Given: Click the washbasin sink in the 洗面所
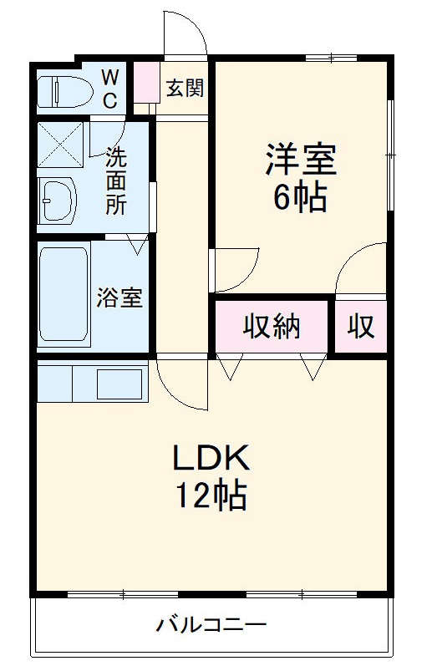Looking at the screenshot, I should pos(58,201).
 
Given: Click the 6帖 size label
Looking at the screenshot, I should pos(299,197).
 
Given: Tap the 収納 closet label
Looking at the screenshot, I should pos(272,327).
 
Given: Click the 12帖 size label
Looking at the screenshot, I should pos(211,496).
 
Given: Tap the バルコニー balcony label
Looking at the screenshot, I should pos(211,624).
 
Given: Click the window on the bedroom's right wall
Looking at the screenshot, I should pos(390,155).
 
